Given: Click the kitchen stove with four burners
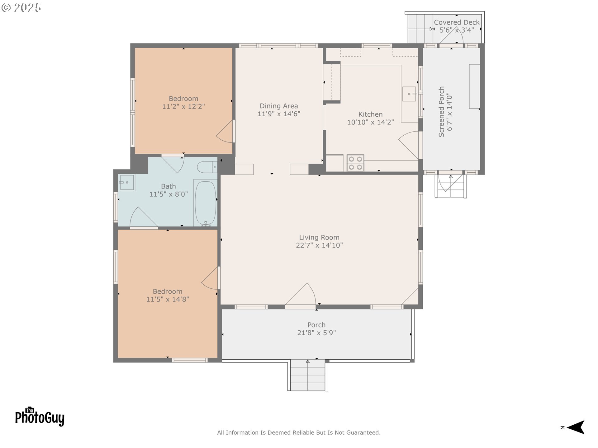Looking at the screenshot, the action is coord(355,163).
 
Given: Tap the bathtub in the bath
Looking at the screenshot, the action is coord(205,203).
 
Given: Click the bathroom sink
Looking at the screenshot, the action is coord(126,182).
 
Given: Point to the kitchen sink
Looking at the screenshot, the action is coord(409,94).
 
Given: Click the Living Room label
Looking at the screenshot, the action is coord(319,237).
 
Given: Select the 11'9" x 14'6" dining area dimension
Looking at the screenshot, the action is coord(279,114).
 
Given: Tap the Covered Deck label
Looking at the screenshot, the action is coord(457,22).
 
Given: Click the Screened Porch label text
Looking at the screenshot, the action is coord(441,112).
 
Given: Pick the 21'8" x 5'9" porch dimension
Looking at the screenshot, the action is coord(316,333).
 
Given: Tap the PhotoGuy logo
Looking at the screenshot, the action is coord(40,416).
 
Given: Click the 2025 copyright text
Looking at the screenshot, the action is coord(21,8).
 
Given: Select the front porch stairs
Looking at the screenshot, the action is coord(308,375).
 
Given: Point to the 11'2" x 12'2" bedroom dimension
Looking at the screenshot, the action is coord(183,107).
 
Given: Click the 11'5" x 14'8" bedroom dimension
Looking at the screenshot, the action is coord(168,299).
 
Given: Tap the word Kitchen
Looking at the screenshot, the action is coord(370,114).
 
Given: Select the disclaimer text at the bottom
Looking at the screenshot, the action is coord(299,432).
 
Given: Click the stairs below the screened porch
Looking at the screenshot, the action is coord(451,186).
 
